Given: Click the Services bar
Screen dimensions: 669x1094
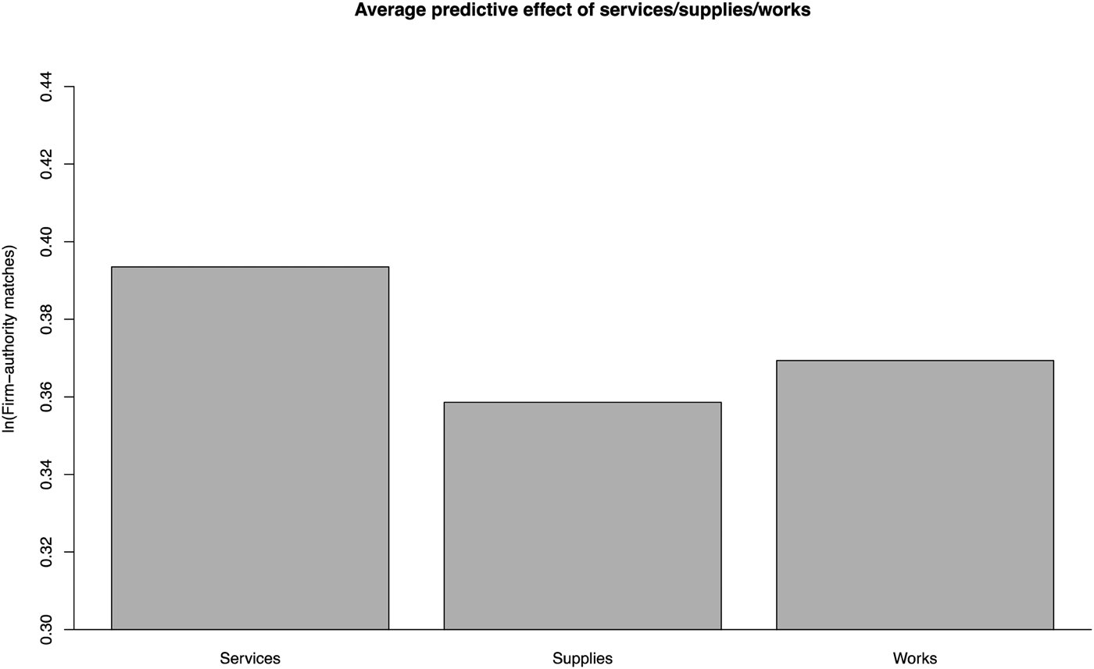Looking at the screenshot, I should pyautogui.click(x=250, y=448).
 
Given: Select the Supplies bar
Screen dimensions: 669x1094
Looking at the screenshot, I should pyautogui.click(x=582, y=515).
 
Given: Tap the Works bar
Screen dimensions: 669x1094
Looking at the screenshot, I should pyautogui.click(x=914, y=495).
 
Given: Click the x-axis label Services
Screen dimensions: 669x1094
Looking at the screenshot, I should pyautogui.click(x=250, y=658).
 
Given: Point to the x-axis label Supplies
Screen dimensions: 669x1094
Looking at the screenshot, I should pyautogui.click(x=582, y=658).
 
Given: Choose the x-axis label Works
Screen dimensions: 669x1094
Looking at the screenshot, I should pyautogui.click(x=914, y=658).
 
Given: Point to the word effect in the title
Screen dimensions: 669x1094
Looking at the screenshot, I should pyautogui.click(x=528, y=11).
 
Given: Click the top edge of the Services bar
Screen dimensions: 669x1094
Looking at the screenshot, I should pyautogui.click(x=250, y=267).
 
